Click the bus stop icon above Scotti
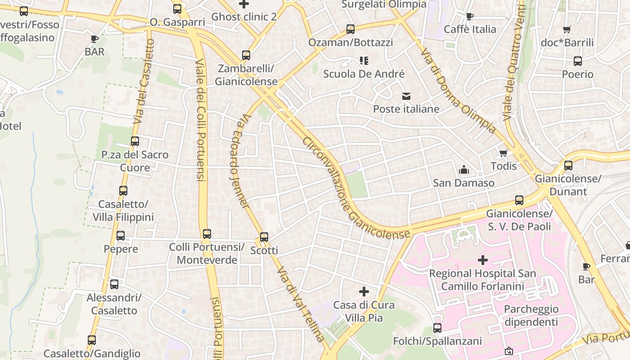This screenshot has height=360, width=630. pos(264,237)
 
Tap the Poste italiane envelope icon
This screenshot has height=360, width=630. pos(406,96)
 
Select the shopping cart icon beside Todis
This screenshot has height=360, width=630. pos(504,153)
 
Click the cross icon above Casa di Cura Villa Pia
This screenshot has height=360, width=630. pos(364,292)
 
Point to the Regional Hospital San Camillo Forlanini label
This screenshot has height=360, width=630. pos(482,279)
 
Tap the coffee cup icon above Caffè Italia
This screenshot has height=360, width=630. pos(470,17)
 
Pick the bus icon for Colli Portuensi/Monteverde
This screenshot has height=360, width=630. pos(207,234)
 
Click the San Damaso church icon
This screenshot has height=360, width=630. pos(463,170)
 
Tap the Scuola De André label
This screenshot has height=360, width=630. pos(364,74)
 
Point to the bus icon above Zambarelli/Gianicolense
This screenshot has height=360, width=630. pos(246,55)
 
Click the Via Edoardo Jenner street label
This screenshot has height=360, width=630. pos(239,160)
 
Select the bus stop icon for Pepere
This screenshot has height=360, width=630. pos(121,236)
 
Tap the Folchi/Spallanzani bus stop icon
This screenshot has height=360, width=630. pos(437,328)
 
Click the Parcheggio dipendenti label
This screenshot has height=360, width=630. pos(531,315)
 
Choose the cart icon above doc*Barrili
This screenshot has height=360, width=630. pos(567,30)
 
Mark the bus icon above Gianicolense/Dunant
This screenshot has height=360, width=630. pos(568,166)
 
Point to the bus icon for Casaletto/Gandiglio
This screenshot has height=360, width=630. pos(92,340)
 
